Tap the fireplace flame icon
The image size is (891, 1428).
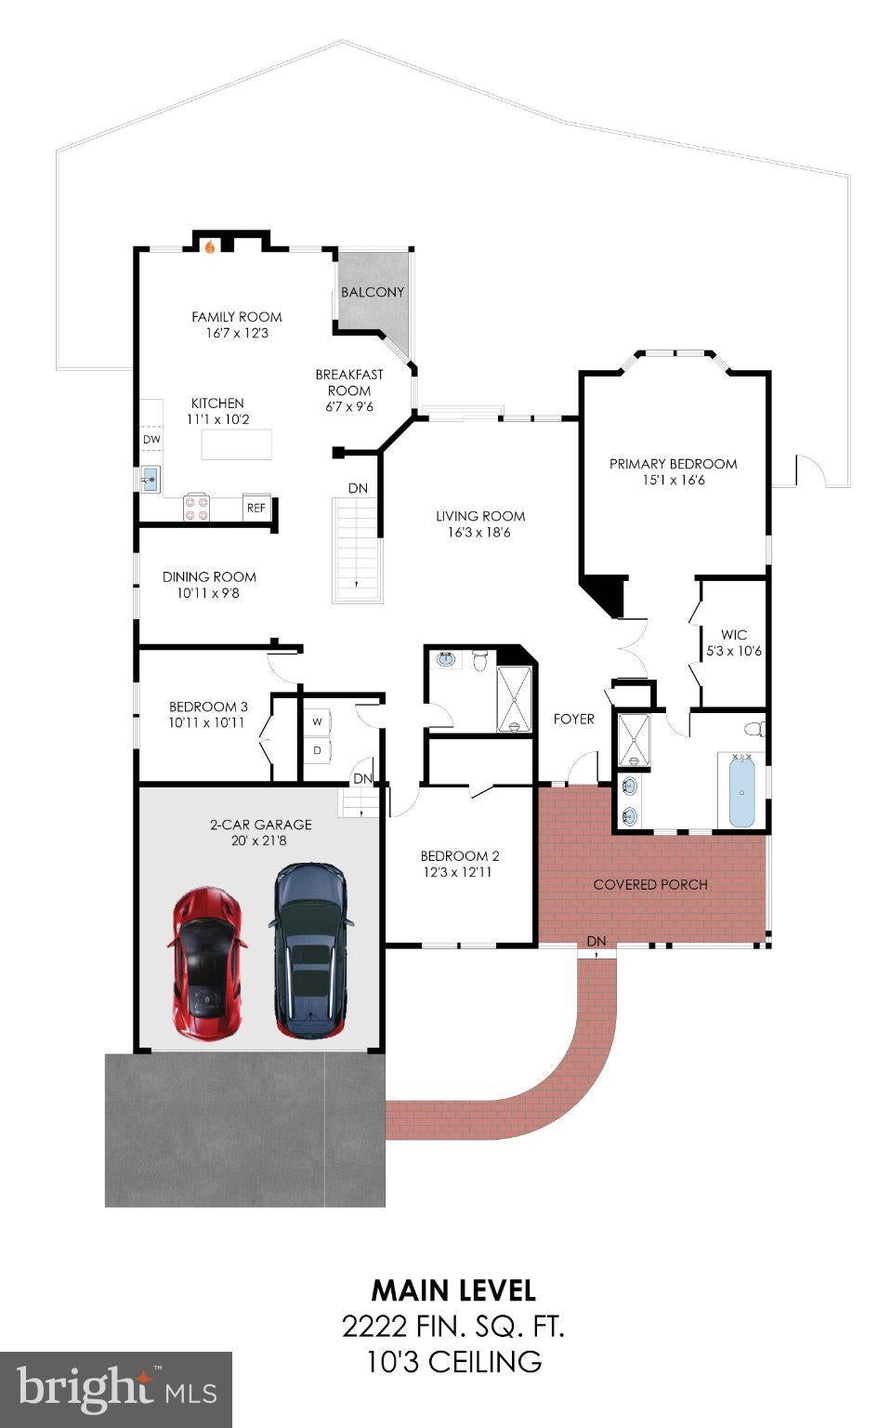pyautogui.click(x=211, y=246)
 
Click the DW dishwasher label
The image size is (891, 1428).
pyautogui.click(x=151, y=439)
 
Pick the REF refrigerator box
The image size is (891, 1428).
pyautogui.click(x=256, y=508)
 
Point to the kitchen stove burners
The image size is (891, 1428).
pyautogui.click(x=196, y=508)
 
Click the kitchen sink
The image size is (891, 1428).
pyautogui.click(x=151, y=479)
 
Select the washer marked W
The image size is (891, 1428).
pyautogui.click(x=317, y=721)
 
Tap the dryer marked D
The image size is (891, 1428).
pyautogui.click(x=317, y=750)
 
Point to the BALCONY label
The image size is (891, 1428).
pyautogui.click(x=373, y=292)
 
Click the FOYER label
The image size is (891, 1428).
pyautogui.click(x=574, y=719)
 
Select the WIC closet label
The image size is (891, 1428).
pyautogui.click(x=734, y=634)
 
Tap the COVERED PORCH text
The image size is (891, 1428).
pyautogui.click(x=650, y=884)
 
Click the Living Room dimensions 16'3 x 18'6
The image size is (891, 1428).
pyautogui.click(x=478, y=533)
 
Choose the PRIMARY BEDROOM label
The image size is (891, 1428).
pyautogui.click(x=674, y=464)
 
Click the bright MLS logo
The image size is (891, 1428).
pyautogui.click(x=116, y=1388)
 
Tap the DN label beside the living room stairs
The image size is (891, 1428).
pyautogui.click(x=358, y=488)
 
